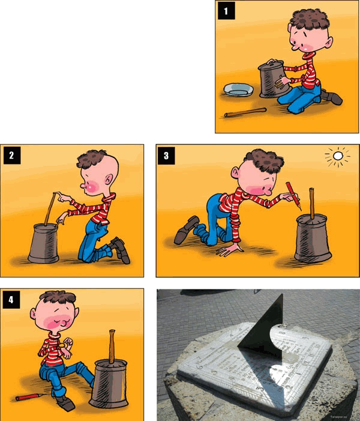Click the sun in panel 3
point(338,157)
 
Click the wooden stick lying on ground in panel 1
point(245,112)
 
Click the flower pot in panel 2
point(44,243)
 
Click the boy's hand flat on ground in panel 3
point(230,248)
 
